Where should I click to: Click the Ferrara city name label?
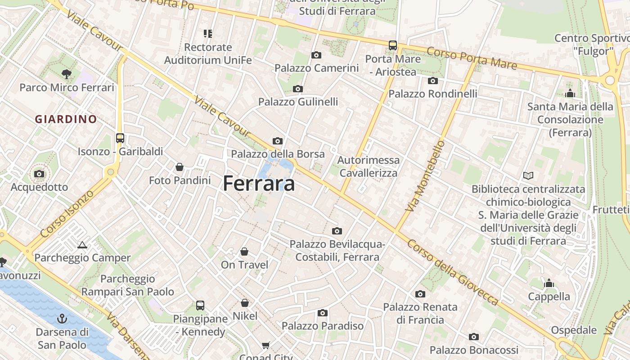[x=259, y=184]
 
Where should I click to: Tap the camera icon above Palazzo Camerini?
[x=316, y=55]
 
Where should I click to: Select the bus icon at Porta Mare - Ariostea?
[x=393, y=45]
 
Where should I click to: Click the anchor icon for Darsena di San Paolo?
[x=62, y=319]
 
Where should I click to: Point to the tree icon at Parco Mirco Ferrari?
[x=67, y=74]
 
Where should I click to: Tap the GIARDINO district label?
[x=66, y=119]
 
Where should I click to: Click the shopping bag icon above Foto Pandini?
[x=180, y=167]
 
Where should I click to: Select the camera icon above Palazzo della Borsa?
[x=278, y=141]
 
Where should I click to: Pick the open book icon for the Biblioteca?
[x=528, y=176]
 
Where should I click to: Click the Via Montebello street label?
[x=425, y=176]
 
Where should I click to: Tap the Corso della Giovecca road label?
[x=453, y=272]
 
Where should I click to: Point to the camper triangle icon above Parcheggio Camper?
[x=82, y=245]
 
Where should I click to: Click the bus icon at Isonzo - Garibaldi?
[x=120, y=138]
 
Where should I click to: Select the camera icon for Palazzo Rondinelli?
[x=433, y=81]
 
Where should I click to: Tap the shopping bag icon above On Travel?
[x=244, y=251]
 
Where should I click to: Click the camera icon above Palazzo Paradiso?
[x=323, y=313]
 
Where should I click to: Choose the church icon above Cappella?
[x=549, y=283]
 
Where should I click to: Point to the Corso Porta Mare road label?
[x=472, y=58]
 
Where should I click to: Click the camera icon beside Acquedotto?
[x=39, y=174]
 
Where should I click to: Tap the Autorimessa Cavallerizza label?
[x=369, y=166]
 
